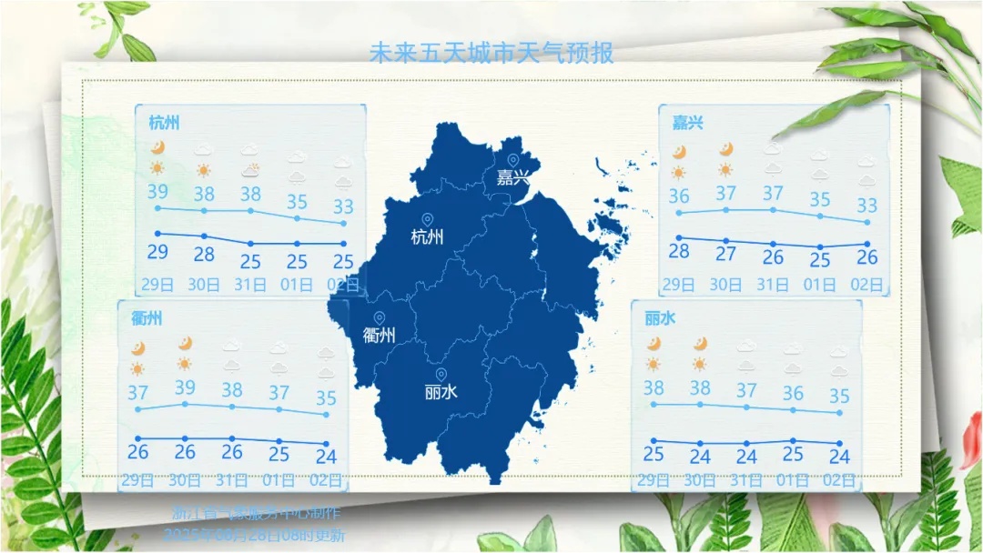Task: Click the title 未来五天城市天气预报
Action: pyautogui.click(x=491, y=52)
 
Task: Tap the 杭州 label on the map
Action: pyautogui.click(x=427, y=238)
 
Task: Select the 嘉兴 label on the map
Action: pyautogui.click(x=512, y=178)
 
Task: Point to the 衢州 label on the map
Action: pyautogui.click(x=379, y=336)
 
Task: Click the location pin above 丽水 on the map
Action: pyautogui.click(x=441, y=374)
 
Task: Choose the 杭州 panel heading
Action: pyautogui.click(x=164, y=123)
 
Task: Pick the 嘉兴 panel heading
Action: pyautogui.click(x=687, y=123)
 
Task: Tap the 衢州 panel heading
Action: pyautogui.click(x=147, y=318)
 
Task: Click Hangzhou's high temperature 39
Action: pyautogui.click(x=157, y=192)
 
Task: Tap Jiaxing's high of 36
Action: pyautogui.click(x=679, y=196)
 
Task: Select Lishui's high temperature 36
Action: pyautogui.click(x=794, y=394)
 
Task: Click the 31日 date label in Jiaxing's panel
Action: pyautogui.click(x=773, y=285)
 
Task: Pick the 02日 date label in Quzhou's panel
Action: pyautogui.click(x=326, y=480)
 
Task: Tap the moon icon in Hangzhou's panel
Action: pyautogui.click(x=157, y=147)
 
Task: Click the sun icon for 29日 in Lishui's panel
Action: pyautogui.click(x=654, y=365)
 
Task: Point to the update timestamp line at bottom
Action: pyautogui.click(x=254, y=536)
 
